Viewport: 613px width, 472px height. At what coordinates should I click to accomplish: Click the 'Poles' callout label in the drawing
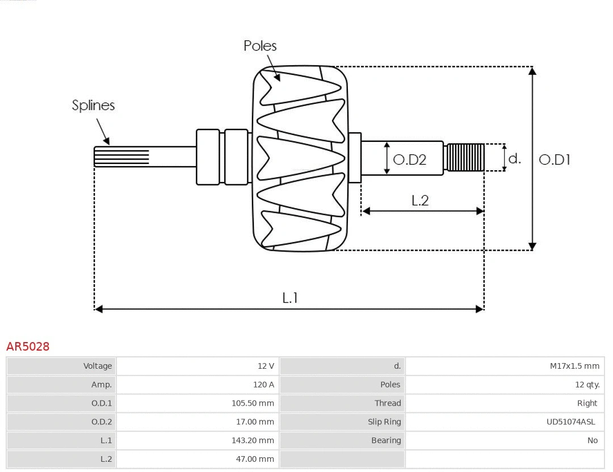260,46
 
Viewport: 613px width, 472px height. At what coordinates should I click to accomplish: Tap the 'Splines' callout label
93,106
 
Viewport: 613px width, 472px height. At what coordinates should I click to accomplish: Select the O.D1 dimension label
554,160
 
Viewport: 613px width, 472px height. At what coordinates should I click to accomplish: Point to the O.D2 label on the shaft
409,160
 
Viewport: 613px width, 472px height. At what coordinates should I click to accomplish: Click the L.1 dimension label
290,298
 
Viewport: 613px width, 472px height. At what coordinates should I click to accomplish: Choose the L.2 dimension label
420,200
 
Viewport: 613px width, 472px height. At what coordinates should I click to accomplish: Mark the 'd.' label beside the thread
514,159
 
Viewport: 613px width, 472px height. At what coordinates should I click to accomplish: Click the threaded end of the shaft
465,157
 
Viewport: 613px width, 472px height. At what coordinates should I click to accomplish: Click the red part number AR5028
28,347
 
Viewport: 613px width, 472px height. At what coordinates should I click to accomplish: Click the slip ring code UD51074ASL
570,422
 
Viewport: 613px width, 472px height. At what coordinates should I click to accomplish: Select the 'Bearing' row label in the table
386,440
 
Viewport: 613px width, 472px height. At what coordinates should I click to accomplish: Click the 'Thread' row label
388,403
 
